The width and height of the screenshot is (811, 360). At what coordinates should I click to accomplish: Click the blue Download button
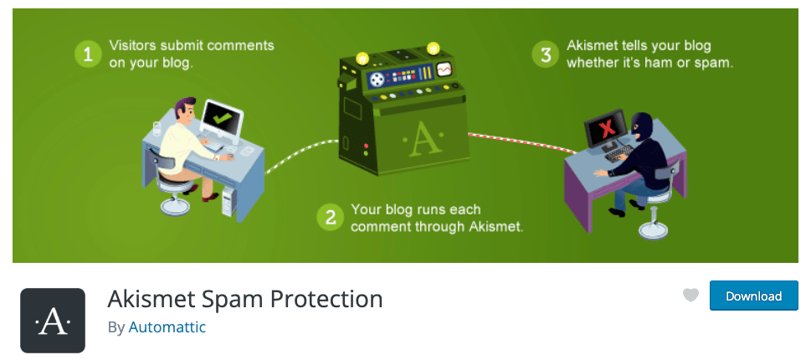(753, 296)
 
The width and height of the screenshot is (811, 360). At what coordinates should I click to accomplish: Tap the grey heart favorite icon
(690, 296)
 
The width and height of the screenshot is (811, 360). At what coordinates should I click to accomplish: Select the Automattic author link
(167, 327)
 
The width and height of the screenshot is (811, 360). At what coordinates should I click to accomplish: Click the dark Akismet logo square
(53, 320)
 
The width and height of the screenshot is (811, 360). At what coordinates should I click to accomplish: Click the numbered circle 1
(89, 54)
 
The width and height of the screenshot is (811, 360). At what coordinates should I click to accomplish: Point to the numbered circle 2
(331, 217)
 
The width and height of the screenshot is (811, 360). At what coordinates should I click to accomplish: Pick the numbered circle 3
(546, 54)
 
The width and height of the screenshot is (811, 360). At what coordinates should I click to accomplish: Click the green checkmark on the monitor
(222, 117)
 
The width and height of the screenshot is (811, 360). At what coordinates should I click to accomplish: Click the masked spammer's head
(642, 126)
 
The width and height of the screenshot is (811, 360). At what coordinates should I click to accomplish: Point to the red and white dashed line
(522, 143)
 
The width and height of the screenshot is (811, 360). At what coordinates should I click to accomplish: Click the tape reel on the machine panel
(377, 79)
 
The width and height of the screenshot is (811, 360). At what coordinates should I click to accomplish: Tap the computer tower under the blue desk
(228, 202)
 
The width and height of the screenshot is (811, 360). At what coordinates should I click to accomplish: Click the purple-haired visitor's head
(185, 109)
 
